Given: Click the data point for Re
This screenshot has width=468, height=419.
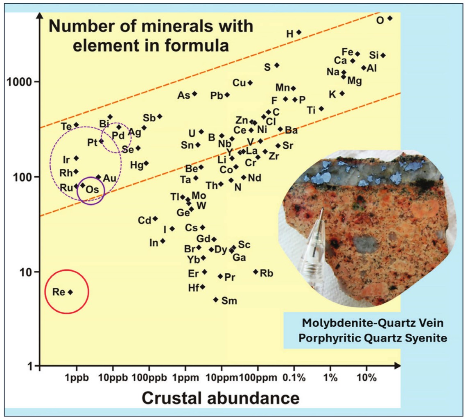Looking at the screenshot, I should point(70,292).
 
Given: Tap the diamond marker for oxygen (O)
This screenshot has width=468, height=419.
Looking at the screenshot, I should point(390,18).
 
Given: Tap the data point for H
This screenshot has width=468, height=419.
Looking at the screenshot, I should point(299,32).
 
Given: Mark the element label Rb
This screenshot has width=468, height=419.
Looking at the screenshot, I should point(266,273).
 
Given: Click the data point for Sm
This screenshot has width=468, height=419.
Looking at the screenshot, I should point(216,299).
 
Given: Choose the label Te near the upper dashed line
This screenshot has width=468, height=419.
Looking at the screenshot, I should point(66,126).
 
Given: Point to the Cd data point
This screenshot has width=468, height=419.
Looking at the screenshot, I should point(155,219).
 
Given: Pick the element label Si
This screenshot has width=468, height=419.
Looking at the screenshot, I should point(374,55).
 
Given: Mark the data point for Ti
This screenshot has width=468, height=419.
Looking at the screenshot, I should point(321,109).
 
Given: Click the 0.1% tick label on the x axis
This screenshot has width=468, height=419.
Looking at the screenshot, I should point(294,378).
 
